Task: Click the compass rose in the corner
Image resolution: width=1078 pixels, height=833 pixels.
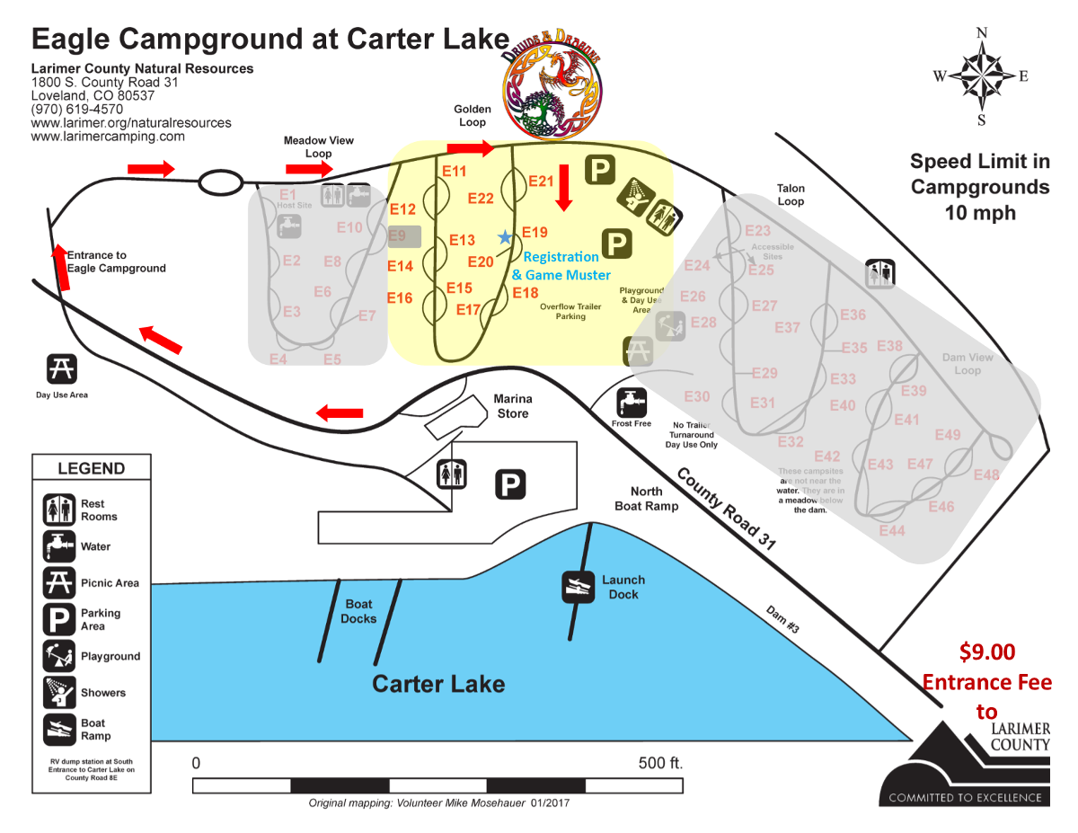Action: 981,76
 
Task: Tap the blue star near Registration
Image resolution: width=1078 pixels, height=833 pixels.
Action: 505,237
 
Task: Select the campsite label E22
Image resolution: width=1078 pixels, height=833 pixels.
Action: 482,199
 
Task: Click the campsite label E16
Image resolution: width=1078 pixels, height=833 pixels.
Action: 400,298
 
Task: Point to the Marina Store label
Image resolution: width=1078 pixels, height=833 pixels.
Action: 512,406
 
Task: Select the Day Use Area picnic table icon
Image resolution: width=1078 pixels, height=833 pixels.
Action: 62,369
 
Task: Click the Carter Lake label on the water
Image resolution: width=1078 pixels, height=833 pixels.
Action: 438,684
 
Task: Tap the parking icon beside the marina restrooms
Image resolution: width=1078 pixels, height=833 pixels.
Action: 510,485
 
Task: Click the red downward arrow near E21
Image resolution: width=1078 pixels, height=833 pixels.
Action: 564,188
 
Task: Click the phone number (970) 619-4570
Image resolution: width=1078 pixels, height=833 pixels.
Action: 77,109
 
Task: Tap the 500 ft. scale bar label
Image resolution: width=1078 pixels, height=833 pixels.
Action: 661,763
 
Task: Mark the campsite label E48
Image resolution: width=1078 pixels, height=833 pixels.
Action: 985,475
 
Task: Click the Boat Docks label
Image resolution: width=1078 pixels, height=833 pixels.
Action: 358,611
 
